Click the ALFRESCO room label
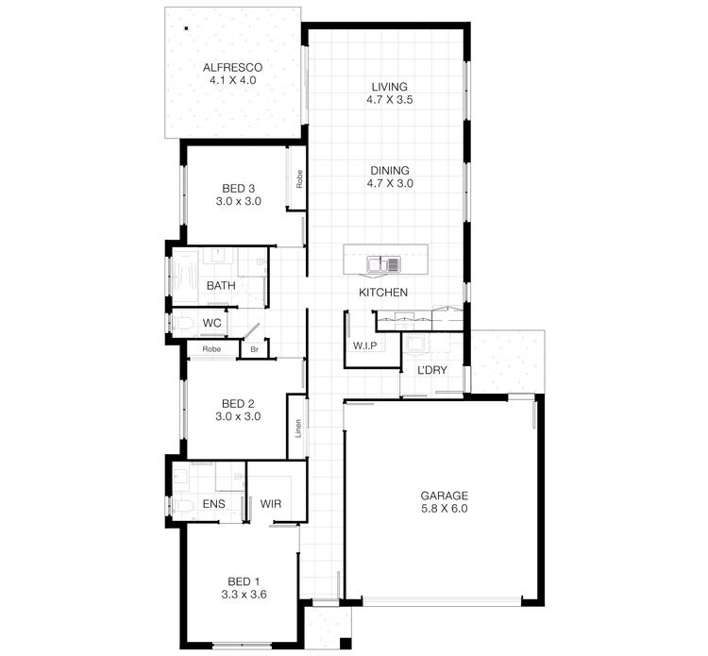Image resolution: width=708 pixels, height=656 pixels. pyautogui.click(x=232, y=67)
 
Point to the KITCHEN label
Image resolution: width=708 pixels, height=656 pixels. pyautogui.click(x=382, y=293)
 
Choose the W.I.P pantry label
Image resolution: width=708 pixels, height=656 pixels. pyautogui.click(x=364, y=345)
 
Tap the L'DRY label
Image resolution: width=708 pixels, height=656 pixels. pyautogui.click(x=431, y=369)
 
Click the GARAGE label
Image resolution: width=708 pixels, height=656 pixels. pyautogui.click(x=444, y=495)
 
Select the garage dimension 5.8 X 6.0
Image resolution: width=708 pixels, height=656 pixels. pyautogui.click(x=444, y=508)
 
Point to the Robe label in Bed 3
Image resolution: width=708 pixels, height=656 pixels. pyautogui.click(x=298, y=178)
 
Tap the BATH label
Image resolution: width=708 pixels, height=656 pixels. pyautogui.click(x=221, y=285)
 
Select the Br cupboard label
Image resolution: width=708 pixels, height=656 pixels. pyautogui.click(x=254, y=348)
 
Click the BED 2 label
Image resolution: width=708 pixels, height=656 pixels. pyautogui.click(x=236, y=402)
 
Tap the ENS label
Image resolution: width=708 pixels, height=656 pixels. pyautogui.click(x=214, y=504)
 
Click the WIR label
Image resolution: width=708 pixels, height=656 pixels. pyautogui.click(x=271, y=504)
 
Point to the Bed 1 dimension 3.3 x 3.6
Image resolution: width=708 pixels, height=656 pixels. pyautogui.click(x=244, y=594)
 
